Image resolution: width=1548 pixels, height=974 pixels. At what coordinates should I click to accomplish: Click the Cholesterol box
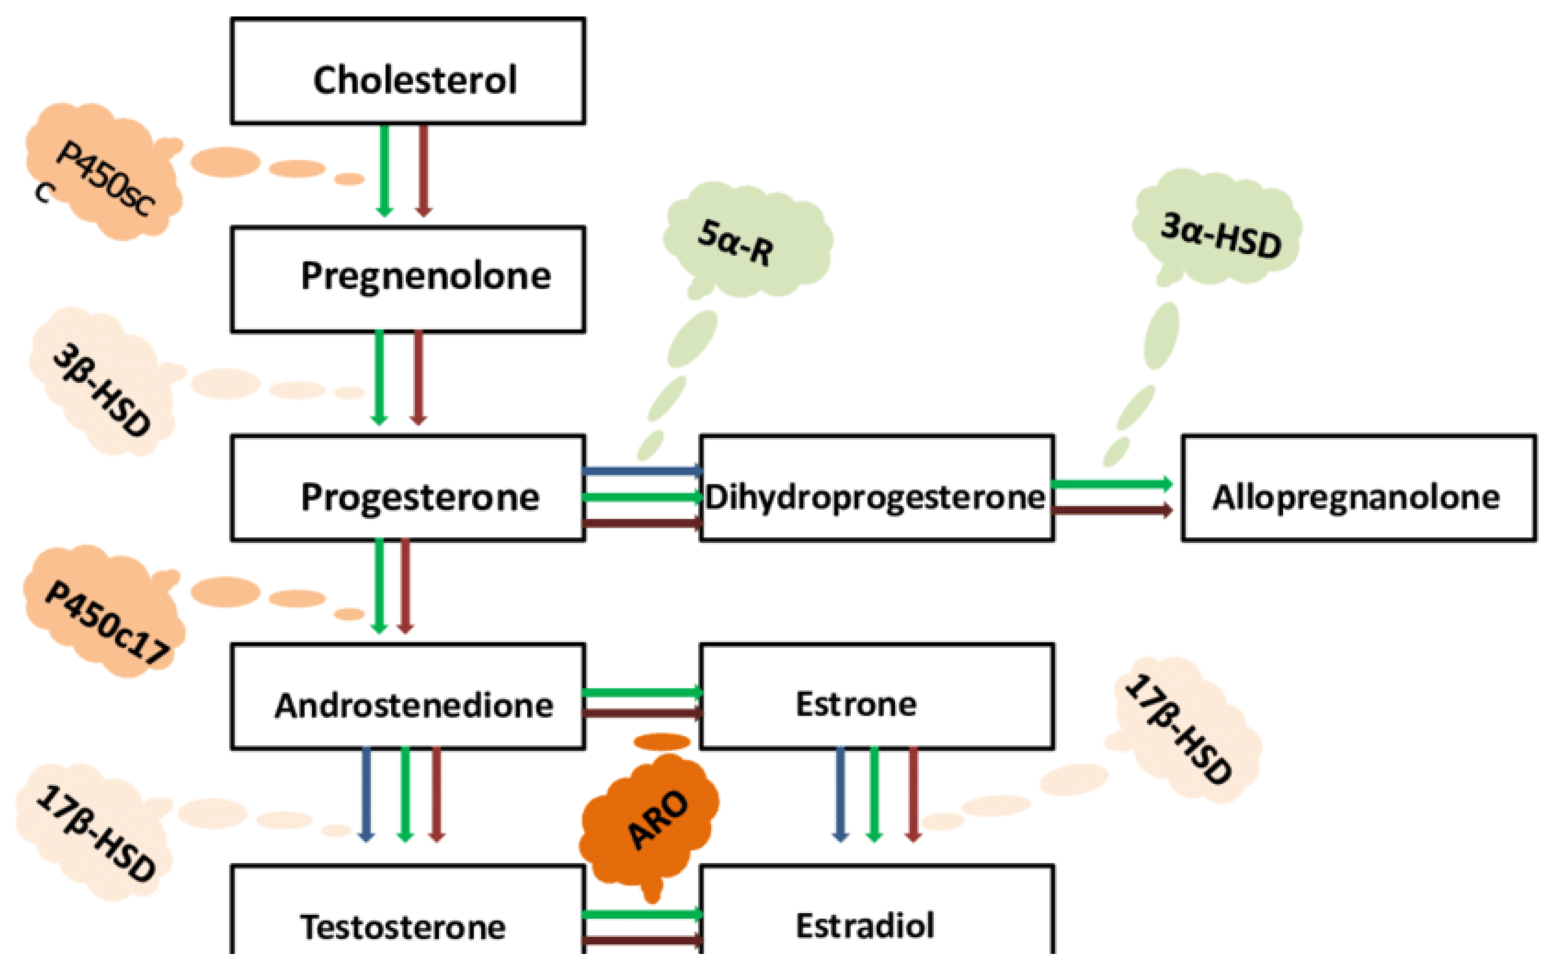coord(408,71)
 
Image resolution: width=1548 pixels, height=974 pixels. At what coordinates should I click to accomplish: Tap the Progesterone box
coord(408,488)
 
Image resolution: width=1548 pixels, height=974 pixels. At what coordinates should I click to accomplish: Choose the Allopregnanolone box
coord(1358,488)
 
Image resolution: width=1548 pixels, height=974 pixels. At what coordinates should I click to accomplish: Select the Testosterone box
coord(408,913)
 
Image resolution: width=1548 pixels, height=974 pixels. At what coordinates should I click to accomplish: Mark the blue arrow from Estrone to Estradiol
coord(840,795)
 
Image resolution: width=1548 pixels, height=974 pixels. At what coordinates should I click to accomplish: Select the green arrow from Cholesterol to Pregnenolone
coord(384,170)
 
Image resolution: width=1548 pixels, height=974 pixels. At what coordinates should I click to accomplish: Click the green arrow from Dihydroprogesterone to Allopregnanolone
coord(1111,484)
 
